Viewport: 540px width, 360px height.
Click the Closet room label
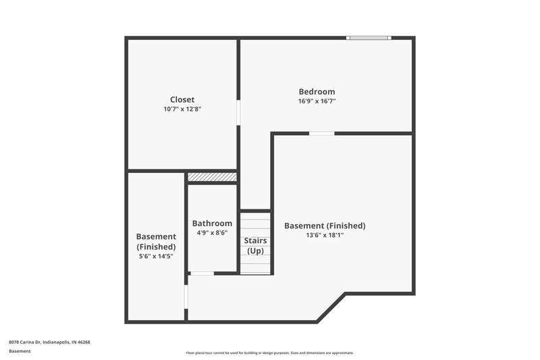pyautogui.click(x=182, y=99)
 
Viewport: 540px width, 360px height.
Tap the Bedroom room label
pyautogui.click(x=317, y=92)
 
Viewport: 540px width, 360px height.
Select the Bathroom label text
pyautogui.click(x=212, y=224)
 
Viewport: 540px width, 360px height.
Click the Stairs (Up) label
pyautogui.click(x=255, y=246)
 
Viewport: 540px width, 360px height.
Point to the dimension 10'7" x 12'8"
pyautogui.click(x=182, y=109)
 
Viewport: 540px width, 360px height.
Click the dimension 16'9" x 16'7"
pyautogui.click(x=317, y=101)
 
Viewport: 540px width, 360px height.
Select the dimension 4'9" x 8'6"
pyautogui.click(x=212, y=233)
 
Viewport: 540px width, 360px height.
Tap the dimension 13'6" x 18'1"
pyautogui.click(x=325, y=235)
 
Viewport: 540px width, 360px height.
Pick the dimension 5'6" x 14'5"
pyautogui.click(x=156, y=257)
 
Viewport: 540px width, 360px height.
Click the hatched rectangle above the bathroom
pyautogui.click(x=212, y=177)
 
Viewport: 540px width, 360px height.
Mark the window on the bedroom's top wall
pyautogui.click(x=369, y=38)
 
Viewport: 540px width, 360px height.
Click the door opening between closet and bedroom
pyautogui.click(x=238, y=112)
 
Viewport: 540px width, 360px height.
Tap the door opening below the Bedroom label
pyautogui.click(x=322, y=133)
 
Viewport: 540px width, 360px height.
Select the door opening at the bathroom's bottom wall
pyautogui.click(x=201, y=274)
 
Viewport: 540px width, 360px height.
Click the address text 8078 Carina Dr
pyautogui.click(x=49, y=342)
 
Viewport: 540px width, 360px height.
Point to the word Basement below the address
pyautogui.click(x=20, y=351)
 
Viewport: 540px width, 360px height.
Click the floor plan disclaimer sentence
pyautogui.click(x=270, y=353)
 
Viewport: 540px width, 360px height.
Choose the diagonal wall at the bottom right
pyautogui.click(x=331, y=307)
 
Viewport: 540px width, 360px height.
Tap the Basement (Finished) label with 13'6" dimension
pyautogui.click(x=325, y=226)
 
